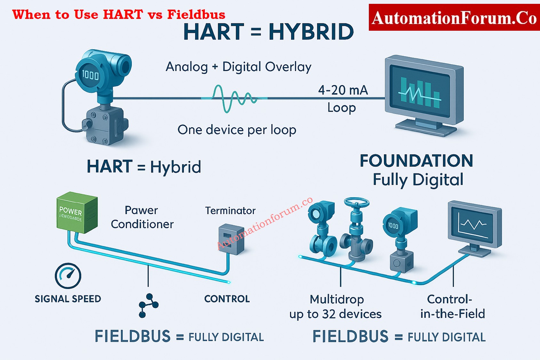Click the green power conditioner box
tap(77, 213)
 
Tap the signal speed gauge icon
tap(68, 276)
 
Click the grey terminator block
tap(231, 239)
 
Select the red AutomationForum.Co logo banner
tap(454, 18)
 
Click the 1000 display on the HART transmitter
tap(90, 75)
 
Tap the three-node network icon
tap(148, 305)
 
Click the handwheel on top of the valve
tap(357, 203)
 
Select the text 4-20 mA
tap(343, 90)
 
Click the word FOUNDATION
tap(416, 161)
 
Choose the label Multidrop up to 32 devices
tap(336, 307)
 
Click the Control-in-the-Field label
tap(452, 307)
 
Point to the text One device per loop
tap(237, 130)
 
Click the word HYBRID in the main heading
tap(311, 32)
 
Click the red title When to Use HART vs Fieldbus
tap(119, 15)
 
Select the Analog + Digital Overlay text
tap(238, 67)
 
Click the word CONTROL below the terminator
tap(227, 299)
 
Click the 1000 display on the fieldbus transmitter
tap(393, 226)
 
